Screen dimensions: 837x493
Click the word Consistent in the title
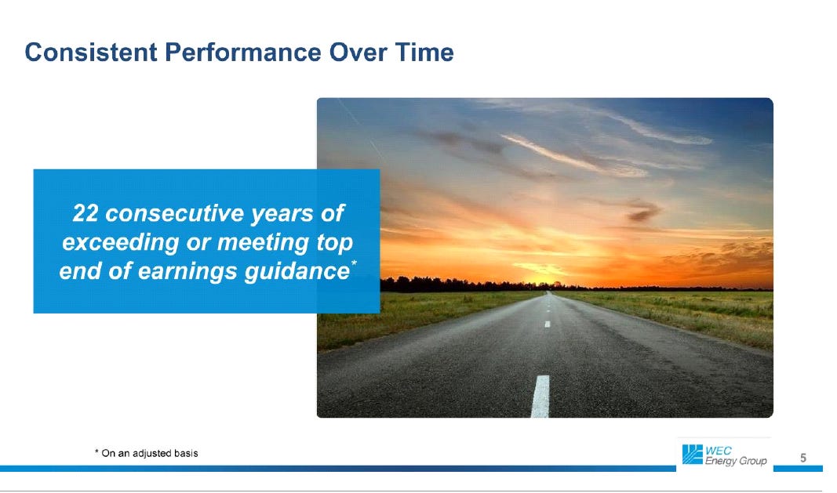click(91, 53)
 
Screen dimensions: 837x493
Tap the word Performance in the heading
click(243, 53)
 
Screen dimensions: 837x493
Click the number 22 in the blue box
click(86, 213)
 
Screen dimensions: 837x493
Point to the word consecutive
click(175, 213)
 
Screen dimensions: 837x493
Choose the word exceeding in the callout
click(120, 242)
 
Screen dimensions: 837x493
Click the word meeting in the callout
click(263, 242)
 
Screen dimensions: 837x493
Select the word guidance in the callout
click(297, 271)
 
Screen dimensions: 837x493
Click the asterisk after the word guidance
click(354, 263)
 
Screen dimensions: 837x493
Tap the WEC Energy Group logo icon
click(693, 455)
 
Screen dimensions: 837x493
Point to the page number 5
click(802, 458)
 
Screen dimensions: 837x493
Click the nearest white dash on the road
click(540, 396)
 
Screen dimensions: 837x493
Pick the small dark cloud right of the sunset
click(643, 212)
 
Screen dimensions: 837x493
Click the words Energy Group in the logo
click(736, 461)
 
